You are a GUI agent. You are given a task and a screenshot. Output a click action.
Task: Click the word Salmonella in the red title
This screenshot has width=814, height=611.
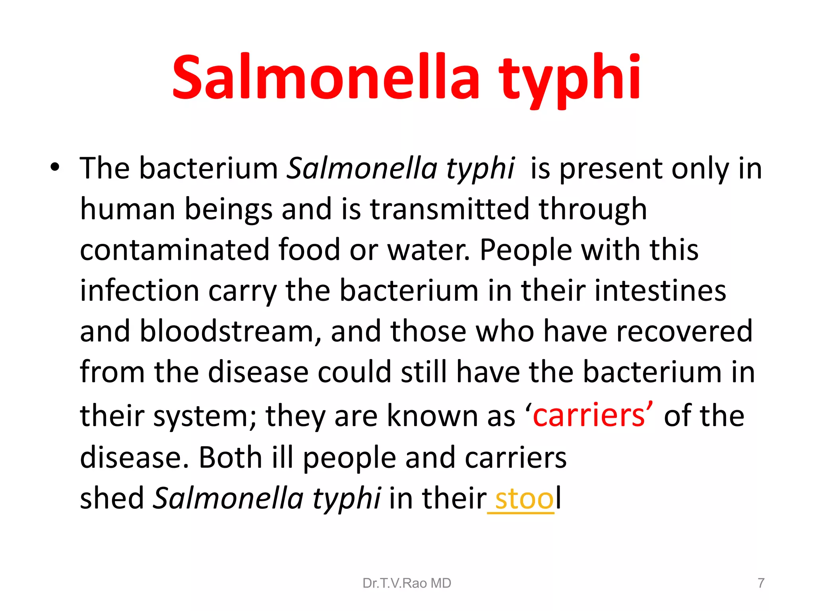pyautogui.click(x=326, y=78)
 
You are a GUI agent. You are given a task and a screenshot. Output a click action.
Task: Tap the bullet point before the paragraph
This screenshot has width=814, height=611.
pyautogui.click(x=55, y=167)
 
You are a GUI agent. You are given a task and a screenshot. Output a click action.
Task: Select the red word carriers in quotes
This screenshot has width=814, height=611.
pyautogui.click(x=589, y=416)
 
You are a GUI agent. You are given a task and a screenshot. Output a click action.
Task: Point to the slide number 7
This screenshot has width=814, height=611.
pyautogui.click(x=761, y=583)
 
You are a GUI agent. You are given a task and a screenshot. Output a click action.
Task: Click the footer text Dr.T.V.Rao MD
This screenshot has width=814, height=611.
pyautogui.click(x=407, y=583)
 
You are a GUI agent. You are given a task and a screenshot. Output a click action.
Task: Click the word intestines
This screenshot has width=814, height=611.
pyautogui.click(x=660, y=290)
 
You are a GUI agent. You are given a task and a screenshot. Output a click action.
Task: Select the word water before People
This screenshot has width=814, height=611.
pyautogui.click(x=428, y=250)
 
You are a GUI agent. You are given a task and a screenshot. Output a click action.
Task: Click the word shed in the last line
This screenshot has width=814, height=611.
pyautogui.click(x=112, y=498)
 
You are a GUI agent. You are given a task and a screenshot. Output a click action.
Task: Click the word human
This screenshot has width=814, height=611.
pyautogui.click(x=128, y=209)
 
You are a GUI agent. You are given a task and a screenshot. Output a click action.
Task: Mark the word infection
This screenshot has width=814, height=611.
pyautogui.click(x=140, y=290)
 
